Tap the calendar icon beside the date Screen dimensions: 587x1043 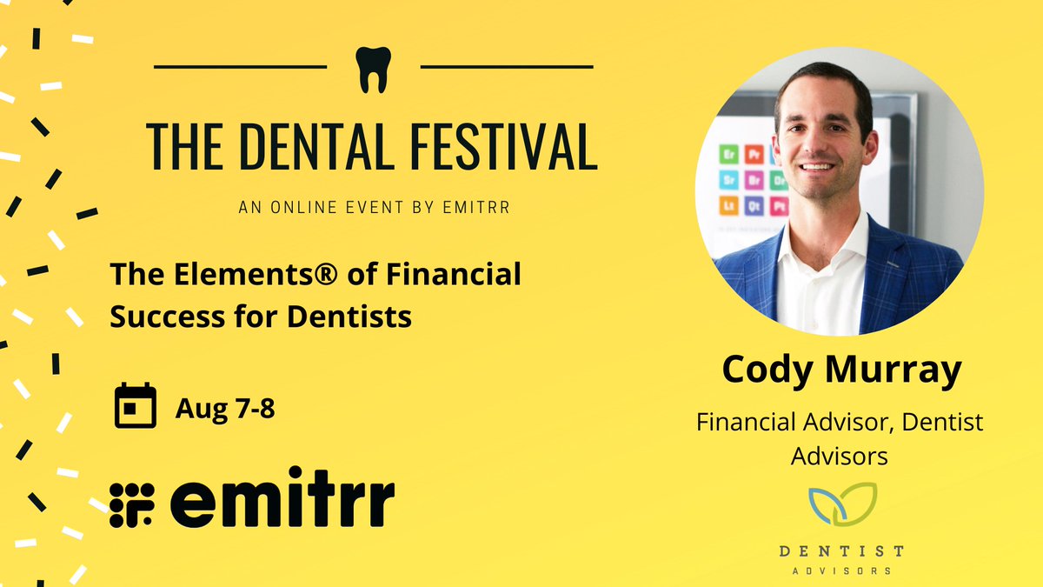click(x=136, y=405)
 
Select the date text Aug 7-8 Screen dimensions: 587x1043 click(x=225, y=407)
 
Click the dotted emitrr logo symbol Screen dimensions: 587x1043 click(x=132, y=504)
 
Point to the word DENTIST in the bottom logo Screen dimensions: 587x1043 click(x=840, y=550)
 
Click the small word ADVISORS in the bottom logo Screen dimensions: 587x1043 click(x=840, y=571)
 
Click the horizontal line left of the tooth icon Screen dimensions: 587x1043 click(x=240, y=66)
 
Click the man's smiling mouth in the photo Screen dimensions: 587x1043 click(x=817, y=167)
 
